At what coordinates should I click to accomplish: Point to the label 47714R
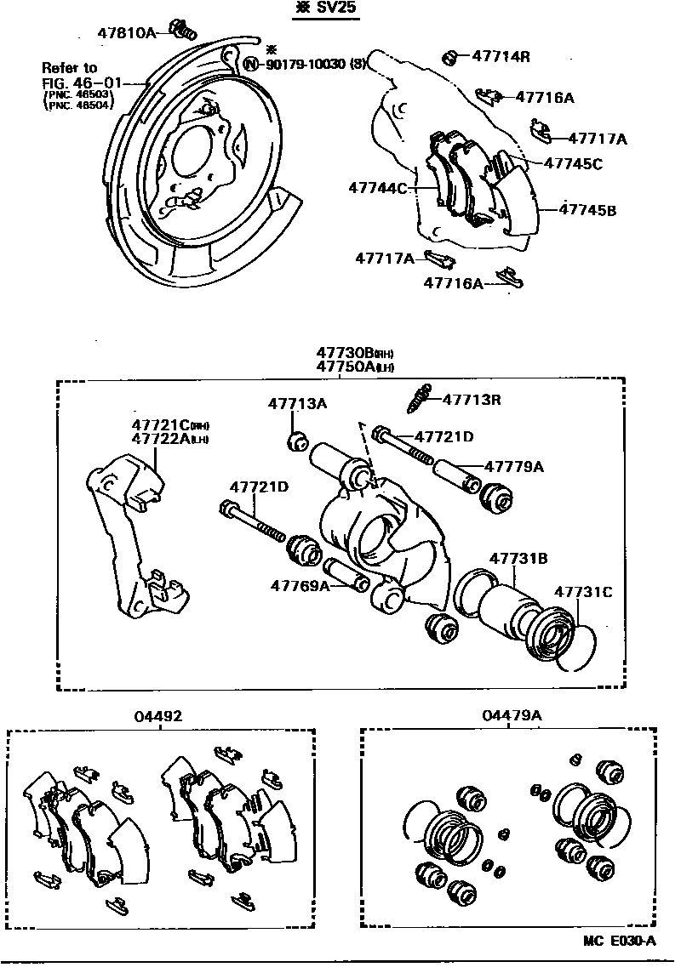501,57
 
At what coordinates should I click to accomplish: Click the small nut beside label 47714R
450,57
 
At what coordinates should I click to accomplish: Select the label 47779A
514,466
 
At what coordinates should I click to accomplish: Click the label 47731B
518,559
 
